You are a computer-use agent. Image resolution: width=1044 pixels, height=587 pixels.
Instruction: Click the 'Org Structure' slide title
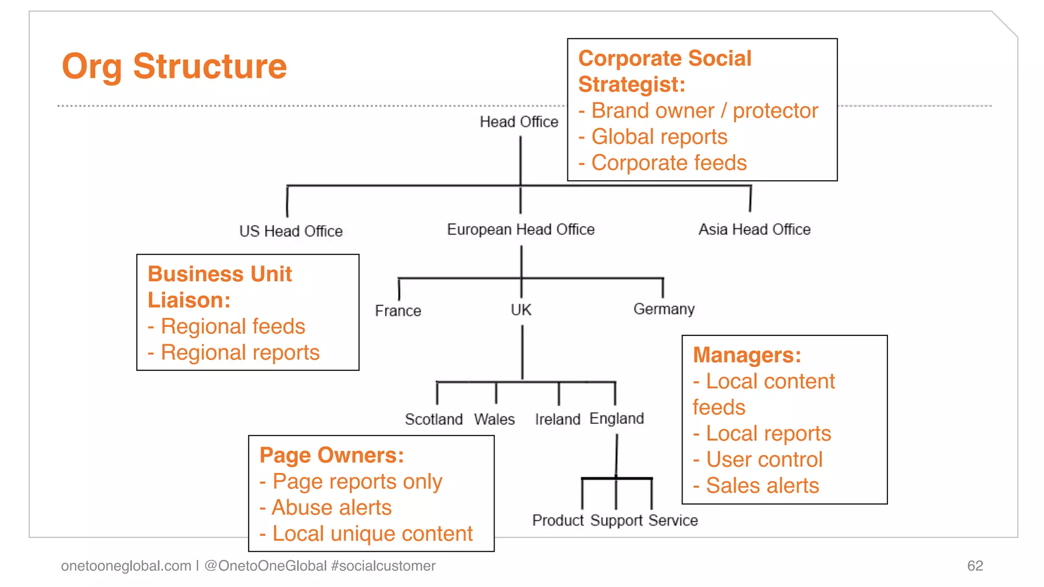174,67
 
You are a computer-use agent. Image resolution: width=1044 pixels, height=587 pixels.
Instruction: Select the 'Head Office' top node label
519,122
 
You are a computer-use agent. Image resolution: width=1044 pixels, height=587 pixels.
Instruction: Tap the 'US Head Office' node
291,231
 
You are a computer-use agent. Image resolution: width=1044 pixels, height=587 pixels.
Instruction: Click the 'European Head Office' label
520,230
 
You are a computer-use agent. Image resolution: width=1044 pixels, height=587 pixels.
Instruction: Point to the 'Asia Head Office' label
754,230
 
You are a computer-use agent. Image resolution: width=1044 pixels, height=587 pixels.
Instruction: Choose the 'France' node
398,311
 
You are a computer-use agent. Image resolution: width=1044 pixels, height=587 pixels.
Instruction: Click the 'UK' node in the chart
521,310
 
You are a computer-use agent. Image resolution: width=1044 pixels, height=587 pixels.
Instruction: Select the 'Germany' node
664,309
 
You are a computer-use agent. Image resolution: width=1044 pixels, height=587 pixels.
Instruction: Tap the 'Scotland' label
433,419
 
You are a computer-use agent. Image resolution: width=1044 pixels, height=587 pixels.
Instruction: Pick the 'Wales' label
494,419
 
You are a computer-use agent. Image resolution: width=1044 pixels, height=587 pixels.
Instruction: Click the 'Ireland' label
557,419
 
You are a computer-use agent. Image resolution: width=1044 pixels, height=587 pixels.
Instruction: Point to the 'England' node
616,419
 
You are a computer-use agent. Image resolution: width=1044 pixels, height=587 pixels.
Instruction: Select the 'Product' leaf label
558,520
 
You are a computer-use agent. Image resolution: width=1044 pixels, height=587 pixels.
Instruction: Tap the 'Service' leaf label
673,520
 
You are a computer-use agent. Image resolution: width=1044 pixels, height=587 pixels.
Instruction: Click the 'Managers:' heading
747,355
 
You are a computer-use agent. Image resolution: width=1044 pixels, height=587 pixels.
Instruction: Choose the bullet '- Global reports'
653,137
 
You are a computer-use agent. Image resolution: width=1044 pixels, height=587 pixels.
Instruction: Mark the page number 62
975,566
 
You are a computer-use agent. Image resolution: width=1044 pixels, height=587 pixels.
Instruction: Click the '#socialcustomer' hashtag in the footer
383,566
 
